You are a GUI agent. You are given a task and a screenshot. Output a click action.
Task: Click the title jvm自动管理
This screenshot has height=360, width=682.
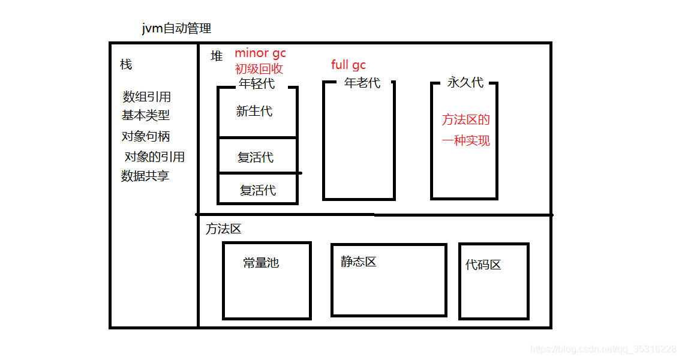[176, 28]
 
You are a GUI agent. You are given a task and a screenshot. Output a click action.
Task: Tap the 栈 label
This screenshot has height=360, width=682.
[126, 64]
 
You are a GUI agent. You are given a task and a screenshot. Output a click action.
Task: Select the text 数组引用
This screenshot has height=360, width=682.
[147, 97]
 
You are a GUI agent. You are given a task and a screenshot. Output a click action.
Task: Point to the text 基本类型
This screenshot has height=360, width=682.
[146, 116]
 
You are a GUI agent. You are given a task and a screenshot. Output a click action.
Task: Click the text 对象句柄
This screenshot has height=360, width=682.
[146, 136]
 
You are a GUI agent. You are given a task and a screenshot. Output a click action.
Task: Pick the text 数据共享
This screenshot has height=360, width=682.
[145, 176]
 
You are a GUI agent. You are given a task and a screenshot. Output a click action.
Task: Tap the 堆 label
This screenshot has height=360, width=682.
[217, 56]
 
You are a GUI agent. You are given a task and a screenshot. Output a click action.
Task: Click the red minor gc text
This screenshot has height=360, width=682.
[260, 53]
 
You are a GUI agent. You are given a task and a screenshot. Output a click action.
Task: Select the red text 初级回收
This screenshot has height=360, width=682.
[259, 68]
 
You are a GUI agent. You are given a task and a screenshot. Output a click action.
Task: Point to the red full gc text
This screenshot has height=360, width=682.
[348, 65]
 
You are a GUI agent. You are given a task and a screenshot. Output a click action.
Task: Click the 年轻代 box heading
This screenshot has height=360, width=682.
[257, 84]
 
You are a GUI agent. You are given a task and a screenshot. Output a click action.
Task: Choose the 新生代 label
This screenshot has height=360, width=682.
[254, 111]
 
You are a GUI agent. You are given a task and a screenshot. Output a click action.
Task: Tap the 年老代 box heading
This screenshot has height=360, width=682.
[362, 83]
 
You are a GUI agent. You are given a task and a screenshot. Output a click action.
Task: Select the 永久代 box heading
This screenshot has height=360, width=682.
[465, 82]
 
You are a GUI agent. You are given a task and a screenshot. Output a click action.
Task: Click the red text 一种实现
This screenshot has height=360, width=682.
[466, 141]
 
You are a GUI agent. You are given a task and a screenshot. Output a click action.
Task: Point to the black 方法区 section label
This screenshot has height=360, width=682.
[223, 229]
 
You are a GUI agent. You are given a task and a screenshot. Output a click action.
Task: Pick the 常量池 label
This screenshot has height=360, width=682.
[261, 263]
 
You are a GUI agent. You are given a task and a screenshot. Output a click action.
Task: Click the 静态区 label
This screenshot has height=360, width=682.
[359, 262]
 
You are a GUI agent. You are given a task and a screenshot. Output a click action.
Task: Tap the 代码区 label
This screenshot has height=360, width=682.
[483, 265]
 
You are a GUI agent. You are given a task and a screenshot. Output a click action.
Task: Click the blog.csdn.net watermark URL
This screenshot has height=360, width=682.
[604, 349]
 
